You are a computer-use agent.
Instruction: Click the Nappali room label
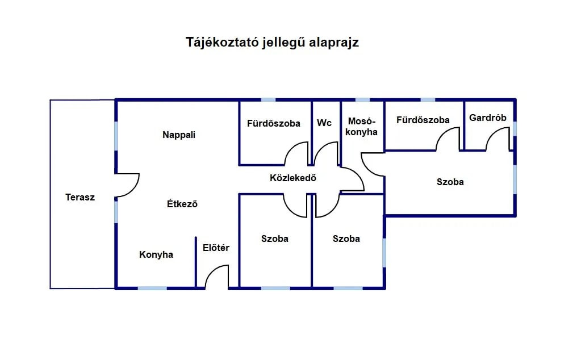(179, 135)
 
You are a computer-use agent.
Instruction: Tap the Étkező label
(182, 203)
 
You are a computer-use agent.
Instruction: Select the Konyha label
(156, 254)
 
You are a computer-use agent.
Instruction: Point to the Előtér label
(216, 248)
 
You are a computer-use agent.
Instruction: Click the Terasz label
(80, 197)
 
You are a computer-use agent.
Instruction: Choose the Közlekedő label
(293, 178)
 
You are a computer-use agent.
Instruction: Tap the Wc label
(324, 123)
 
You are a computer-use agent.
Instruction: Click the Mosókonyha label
(361, 126)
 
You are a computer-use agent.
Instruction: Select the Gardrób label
(488, 118)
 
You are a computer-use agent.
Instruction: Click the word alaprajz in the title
(334, 43)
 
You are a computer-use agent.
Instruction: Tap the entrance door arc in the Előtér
(211, 271)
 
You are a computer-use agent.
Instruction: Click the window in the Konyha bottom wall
(152, 288)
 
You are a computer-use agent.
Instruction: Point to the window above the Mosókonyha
(362, 100)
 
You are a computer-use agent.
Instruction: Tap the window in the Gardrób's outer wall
(515, 129)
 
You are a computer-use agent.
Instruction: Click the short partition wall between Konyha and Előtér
(196, 262)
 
